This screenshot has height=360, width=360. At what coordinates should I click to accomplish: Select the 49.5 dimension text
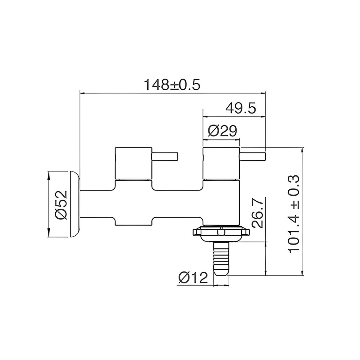241,108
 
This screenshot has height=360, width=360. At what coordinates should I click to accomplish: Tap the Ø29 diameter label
222,131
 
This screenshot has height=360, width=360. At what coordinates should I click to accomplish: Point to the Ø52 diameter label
61,204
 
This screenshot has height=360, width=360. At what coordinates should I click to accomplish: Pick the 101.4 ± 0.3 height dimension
294,213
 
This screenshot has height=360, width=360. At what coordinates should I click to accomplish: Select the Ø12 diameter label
193,278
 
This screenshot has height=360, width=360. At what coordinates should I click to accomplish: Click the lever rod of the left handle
165,156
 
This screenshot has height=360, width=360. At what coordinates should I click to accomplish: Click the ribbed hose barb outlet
221,259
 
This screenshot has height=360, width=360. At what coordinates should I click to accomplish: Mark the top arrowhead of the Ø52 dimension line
48,173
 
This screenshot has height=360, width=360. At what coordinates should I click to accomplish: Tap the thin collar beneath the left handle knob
134,180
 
